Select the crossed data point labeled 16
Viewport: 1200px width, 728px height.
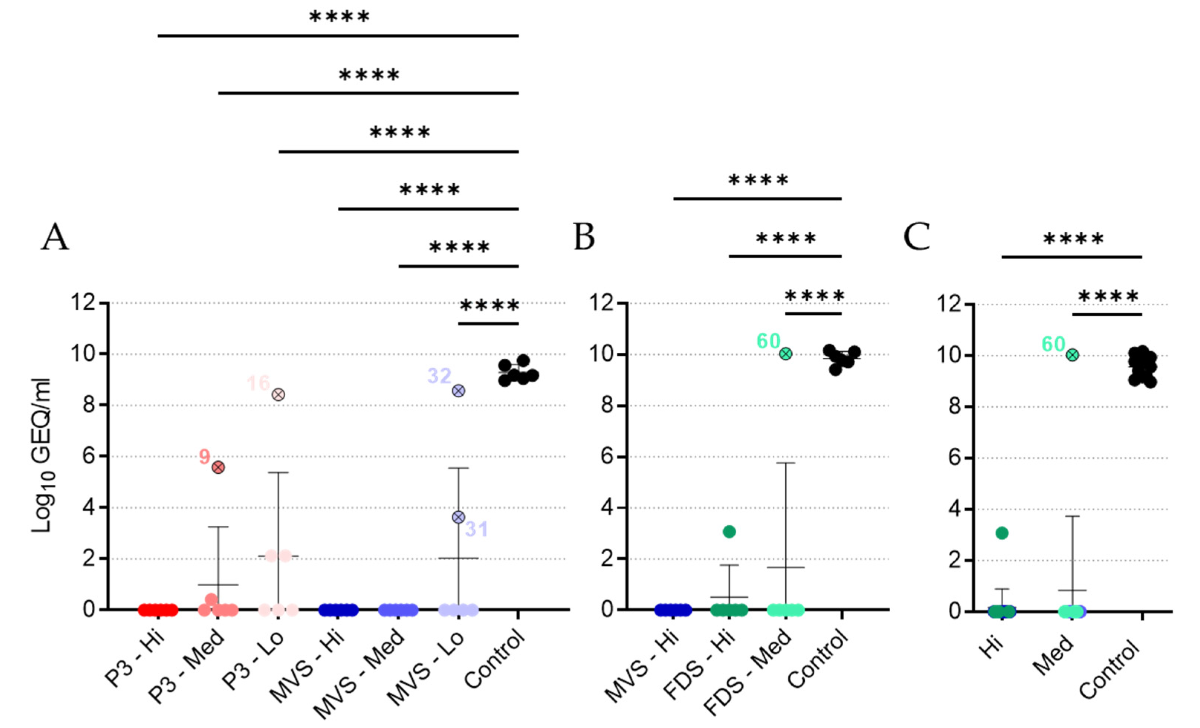click(x=278, y=395)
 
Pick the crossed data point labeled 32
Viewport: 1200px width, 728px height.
click(x=458, y=391)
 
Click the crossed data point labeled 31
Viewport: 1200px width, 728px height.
click(x=458, y=517)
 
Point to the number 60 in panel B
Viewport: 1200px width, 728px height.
click(x=769, y=341)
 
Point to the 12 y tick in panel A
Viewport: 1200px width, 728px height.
click(x=83, y=303)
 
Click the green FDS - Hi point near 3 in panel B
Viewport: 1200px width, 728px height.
click(x=729, y=532)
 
